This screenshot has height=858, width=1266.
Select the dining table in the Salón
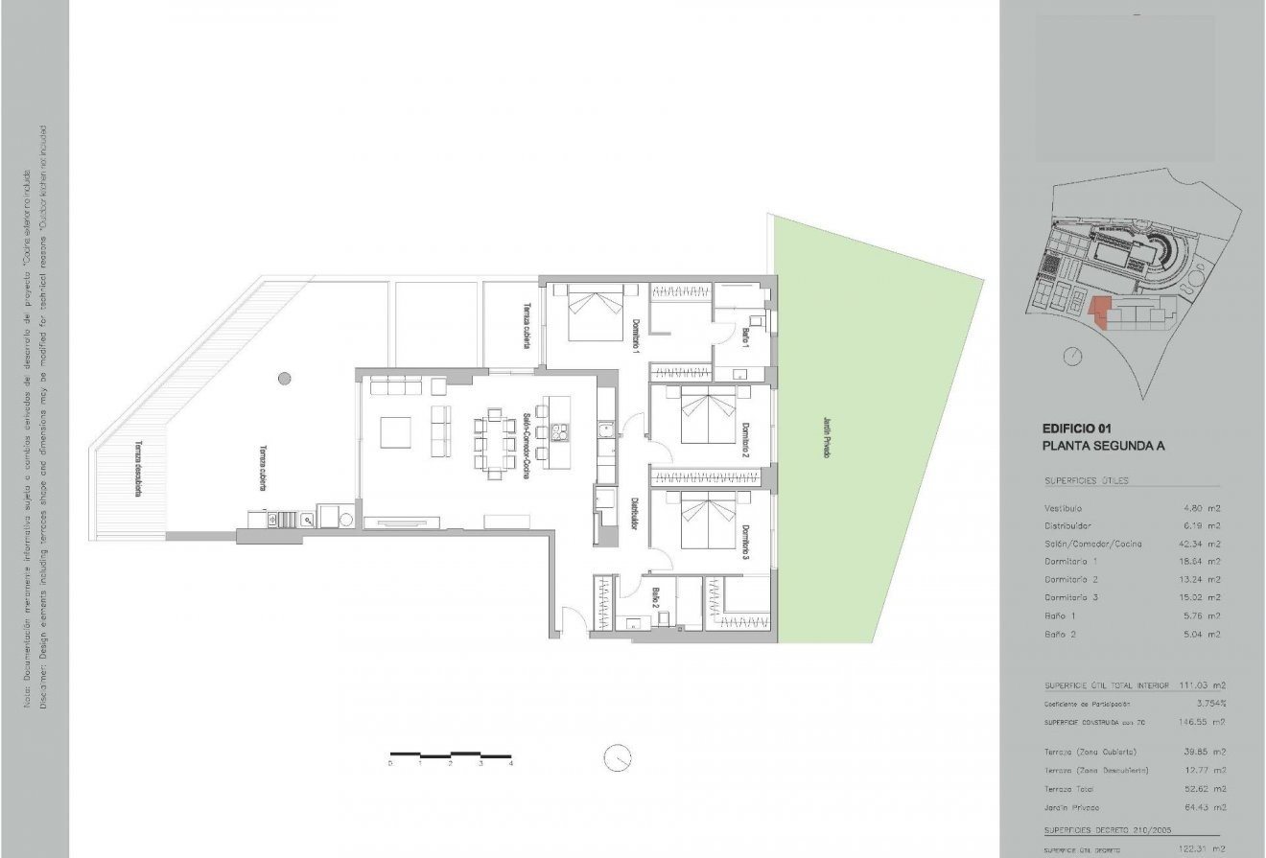click(495, 443)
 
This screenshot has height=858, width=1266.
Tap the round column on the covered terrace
click(284, 378)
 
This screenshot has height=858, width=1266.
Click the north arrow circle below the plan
click(618, 756)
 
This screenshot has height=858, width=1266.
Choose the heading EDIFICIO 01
click(1077, 429)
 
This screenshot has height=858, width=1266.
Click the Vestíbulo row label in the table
click(1063, 508)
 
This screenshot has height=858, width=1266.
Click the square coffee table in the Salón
click(396, 432)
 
